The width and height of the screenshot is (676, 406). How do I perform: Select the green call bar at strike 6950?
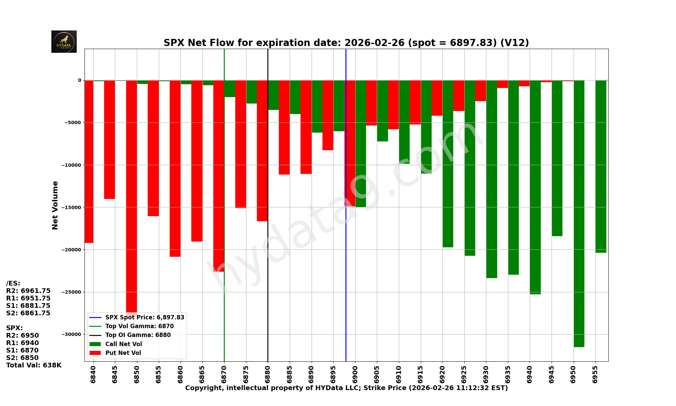[579, 213]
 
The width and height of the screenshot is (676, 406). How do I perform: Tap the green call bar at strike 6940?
[535, 186]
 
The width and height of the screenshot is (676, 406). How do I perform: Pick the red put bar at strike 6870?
[218, 176]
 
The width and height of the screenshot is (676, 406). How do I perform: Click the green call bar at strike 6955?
[601, 166]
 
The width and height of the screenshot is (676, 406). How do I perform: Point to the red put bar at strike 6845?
[110, 139]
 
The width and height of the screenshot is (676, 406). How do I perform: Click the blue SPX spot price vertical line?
[346, 271]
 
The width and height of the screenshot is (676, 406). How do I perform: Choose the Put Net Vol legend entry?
[123, 353]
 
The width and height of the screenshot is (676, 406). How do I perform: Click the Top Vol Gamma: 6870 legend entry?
[139, 326]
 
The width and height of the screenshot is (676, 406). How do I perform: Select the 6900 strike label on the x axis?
[355, 374]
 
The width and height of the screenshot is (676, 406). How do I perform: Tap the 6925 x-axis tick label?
[464, 374]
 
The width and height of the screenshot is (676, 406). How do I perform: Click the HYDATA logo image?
[64, 42]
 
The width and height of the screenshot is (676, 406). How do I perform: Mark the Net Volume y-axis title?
[55, 205]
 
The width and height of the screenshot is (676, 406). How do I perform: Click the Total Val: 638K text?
[34, 365]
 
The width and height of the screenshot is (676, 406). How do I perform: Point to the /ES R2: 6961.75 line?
[28, 291]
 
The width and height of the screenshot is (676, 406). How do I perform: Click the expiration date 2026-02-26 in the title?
[374, 43]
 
